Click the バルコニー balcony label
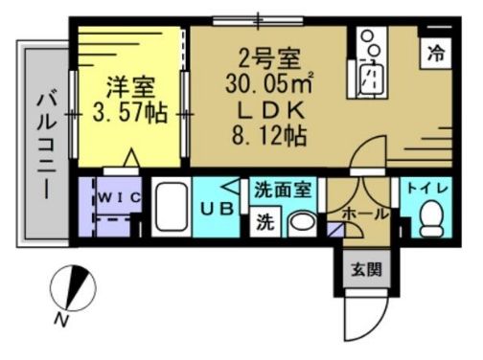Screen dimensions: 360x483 coord(45,142)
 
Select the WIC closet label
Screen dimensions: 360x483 coord(122,197)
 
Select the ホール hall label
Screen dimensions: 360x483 coord(364,212)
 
